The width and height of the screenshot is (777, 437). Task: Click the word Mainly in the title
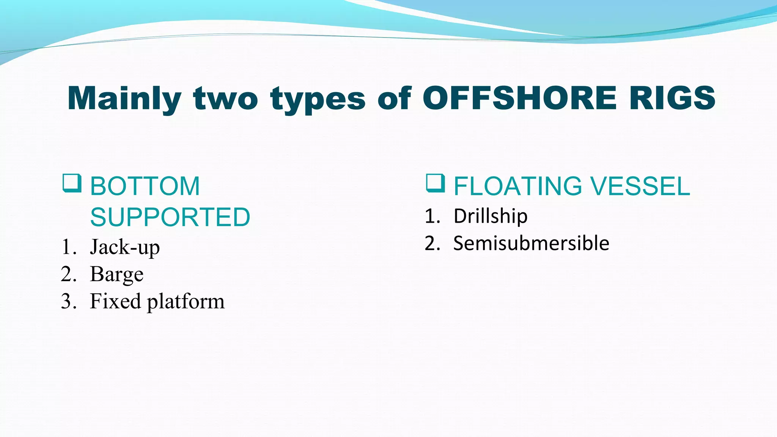pos(124,99)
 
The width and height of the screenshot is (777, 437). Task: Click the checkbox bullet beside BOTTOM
pos(72,183)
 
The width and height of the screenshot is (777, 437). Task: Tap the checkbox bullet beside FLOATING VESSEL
pos(435,183)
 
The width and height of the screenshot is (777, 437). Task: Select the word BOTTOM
pos(145,186)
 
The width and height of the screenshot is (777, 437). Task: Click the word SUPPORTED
pos(170,217)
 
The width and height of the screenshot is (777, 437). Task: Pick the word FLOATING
pos(518,186)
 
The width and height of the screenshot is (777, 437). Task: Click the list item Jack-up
pos(125,247)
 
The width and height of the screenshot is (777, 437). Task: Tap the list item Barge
pos(117,274)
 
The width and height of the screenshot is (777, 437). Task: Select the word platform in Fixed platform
pos(186,302)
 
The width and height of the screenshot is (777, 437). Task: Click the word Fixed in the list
pos(115,301)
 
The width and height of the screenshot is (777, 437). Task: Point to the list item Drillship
pos(490,216)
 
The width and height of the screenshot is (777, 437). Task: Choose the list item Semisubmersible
pos(531,243)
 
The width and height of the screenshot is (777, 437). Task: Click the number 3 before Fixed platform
pos(66,302)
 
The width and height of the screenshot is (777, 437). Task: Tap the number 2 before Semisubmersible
pos(430,243)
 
